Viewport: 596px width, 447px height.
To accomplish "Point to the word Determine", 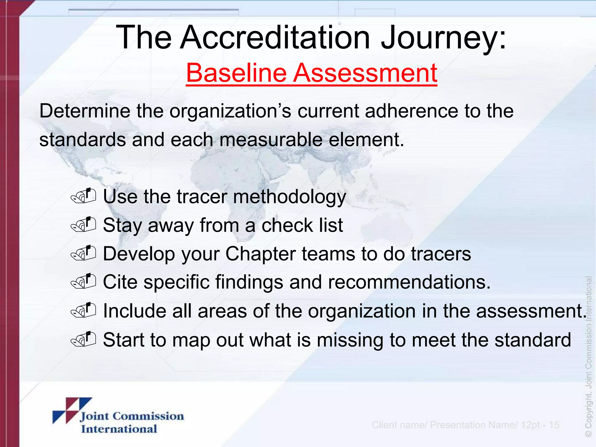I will click(x=85, y=111).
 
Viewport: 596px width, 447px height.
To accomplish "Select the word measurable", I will click(x=271, y=140).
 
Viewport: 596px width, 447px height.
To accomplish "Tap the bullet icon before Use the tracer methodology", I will click(x=84, y=196).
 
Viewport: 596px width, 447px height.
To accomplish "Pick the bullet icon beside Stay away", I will click(x=84, y=224).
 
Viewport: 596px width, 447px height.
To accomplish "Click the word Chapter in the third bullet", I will click(x=260, y=254).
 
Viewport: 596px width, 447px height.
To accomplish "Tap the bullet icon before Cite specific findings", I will click(x=84, y=281).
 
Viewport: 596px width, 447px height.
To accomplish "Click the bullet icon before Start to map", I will click(x=84, y=339).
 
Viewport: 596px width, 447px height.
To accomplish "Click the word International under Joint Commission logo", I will click(x=119, y=429).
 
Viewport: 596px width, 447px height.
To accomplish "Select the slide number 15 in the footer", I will click(x=554, y=425).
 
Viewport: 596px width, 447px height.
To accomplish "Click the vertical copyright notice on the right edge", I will click(x=588, y=356).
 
